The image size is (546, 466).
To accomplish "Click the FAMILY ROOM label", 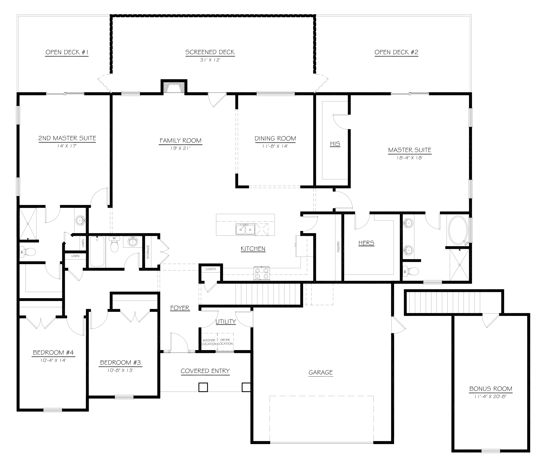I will (181, 141).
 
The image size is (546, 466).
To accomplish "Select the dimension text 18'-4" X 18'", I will (409, 158).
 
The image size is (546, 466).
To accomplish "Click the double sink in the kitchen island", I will (245, 229).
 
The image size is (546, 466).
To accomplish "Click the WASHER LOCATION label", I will (209, 342).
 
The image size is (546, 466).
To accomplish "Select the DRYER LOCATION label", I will (225, 342).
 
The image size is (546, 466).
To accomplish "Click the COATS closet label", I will (210, 269).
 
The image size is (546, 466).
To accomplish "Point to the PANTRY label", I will (338, 247).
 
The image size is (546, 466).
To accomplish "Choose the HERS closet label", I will (366, 243).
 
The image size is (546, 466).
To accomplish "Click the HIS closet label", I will (335, 144).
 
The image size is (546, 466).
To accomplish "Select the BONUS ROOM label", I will (491, 389).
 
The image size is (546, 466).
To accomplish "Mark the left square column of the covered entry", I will (203, 387).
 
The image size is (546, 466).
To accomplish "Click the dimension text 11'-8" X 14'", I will (275, 146).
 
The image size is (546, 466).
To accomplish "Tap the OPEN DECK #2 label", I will (396, 52).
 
